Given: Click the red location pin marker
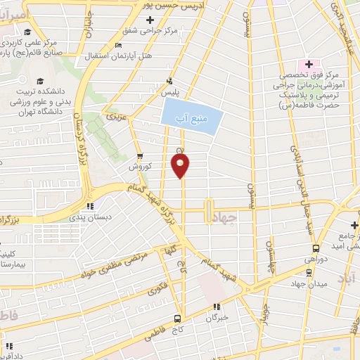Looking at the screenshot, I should (181, 166).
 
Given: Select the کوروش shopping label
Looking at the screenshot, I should (139, 167).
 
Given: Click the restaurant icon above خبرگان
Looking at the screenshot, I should (217, 307).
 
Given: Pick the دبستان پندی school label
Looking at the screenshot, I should (89, 218).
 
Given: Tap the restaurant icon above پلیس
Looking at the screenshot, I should (169, 80).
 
